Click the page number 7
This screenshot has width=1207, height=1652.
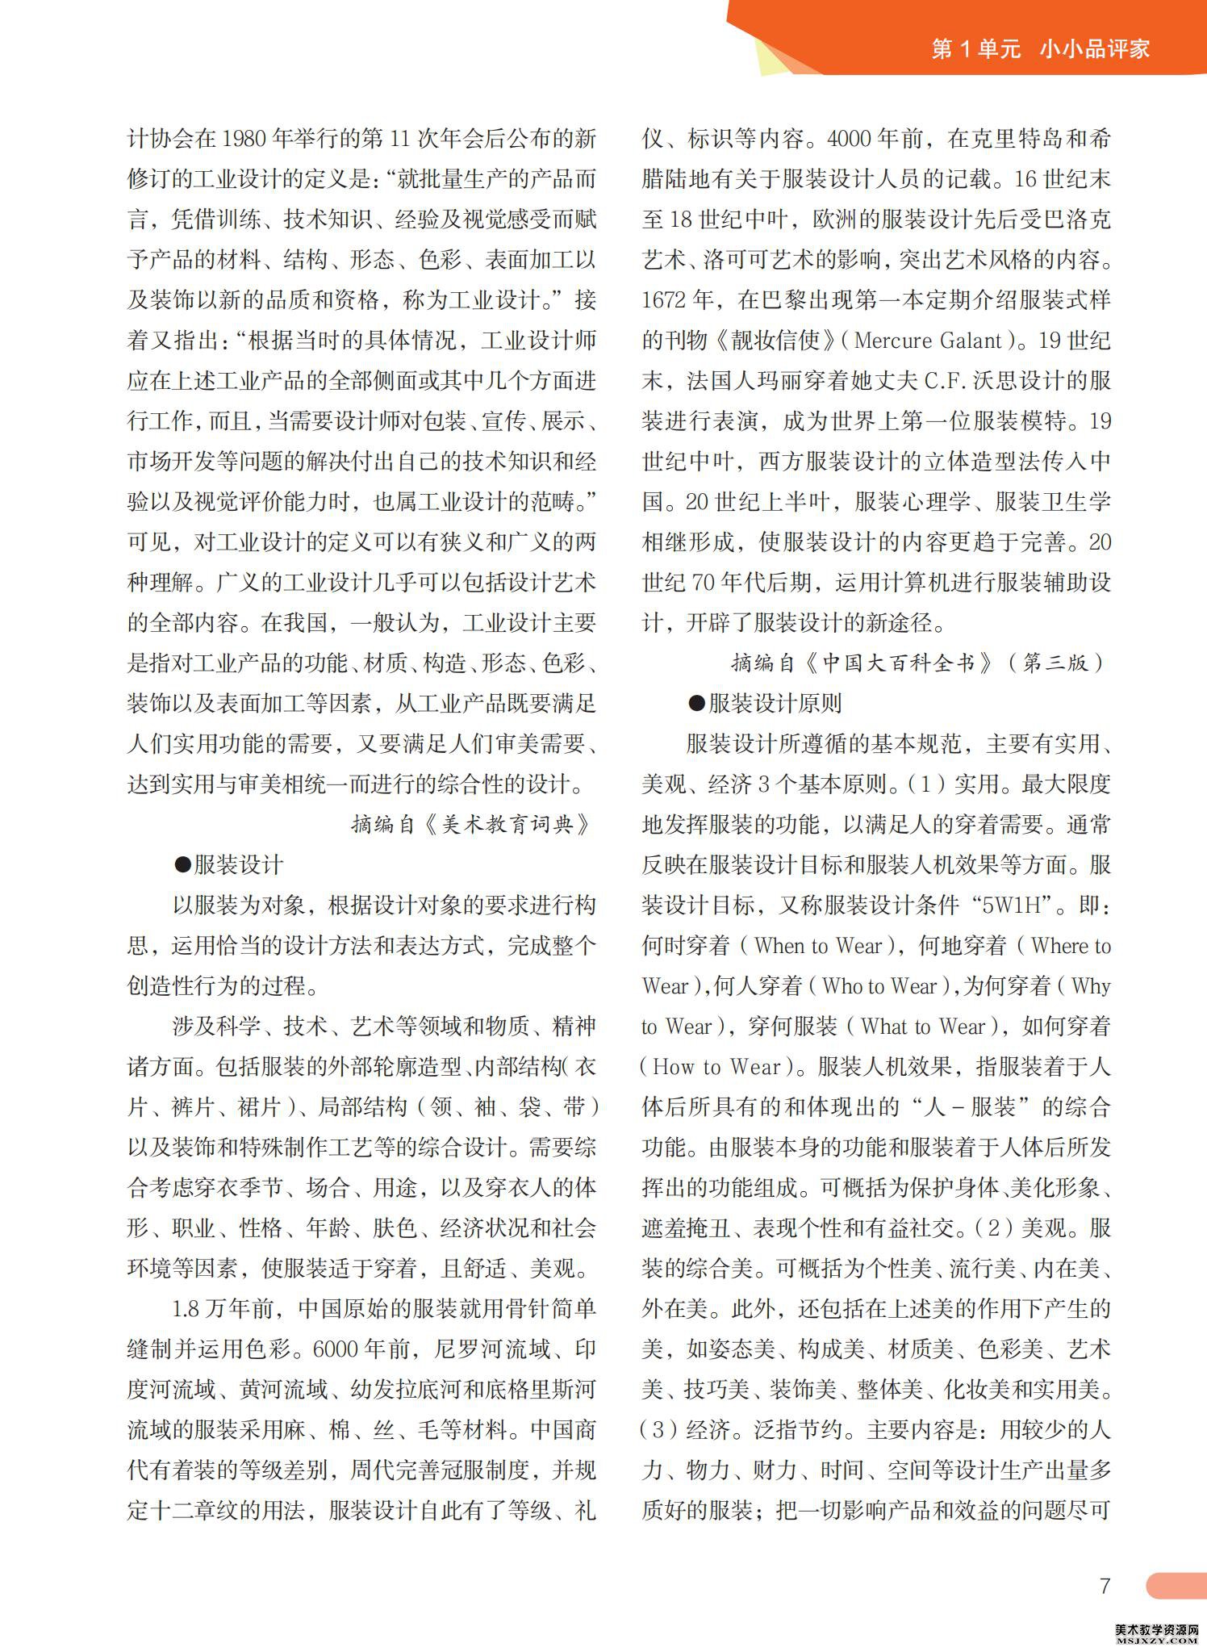pyautogui.click(x=1105, y=1585)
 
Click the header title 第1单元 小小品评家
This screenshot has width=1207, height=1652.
pyautogui.click(x=1040, y=49)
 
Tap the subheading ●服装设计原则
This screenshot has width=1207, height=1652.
pyautogui.click(x=765, y=704)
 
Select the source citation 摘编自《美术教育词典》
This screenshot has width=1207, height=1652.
pyautogui.click(x=472, y=824)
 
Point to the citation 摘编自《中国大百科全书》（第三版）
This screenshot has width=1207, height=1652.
pyautogui.click(x=917, y=663)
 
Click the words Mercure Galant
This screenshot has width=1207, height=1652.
pyautogui.click(x=927, y=341)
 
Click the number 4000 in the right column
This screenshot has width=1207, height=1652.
pyautogui.click(x=850, y=139)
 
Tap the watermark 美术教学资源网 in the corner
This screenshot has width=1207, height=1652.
pyautogui.click(x=1158, y=1631)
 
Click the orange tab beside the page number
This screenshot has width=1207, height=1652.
pyautogui.click(x=1176, y=1585)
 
